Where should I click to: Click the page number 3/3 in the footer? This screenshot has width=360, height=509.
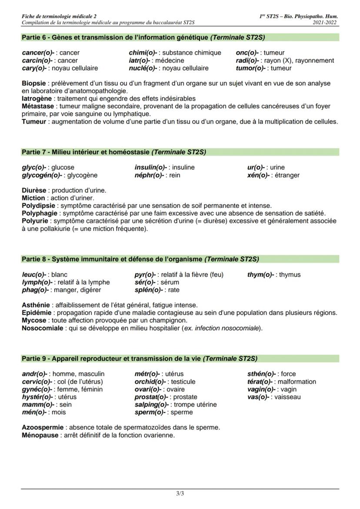pyautogui.click(x=180, y=493)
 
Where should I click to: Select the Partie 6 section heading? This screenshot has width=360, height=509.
pyautogui.click(x=143, y=37)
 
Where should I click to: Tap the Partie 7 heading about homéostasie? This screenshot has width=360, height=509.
pyautogui.click(x=114, y=152)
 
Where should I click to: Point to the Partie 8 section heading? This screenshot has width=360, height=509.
pyautogui.click(x=140, y=259)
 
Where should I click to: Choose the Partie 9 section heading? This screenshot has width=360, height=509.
pyautogui.click(x=140, y=359)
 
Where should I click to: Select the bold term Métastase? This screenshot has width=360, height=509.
pyautogui.click(x=38, y=106)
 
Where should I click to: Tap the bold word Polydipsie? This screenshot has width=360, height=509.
pyautogui.click(x=39, y=206)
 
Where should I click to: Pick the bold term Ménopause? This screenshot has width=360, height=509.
pyautogui.click(x=40, y=435)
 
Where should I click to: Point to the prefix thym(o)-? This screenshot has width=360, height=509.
pyautogui.click(x=261, y=275)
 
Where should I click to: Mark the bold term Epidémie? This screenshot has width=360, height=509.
pyautogui.click(x=37, y=313)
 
